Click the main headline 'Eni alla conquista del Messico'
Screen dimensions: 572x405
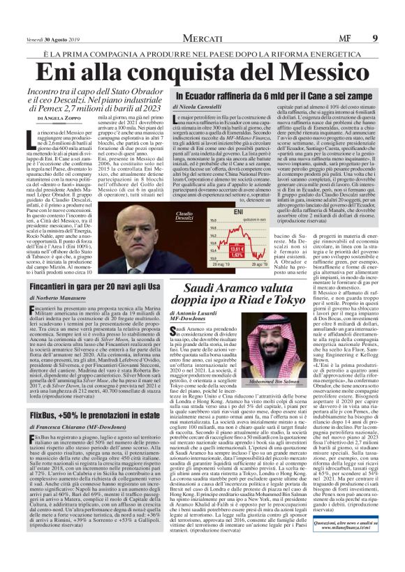pos(202,72)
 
